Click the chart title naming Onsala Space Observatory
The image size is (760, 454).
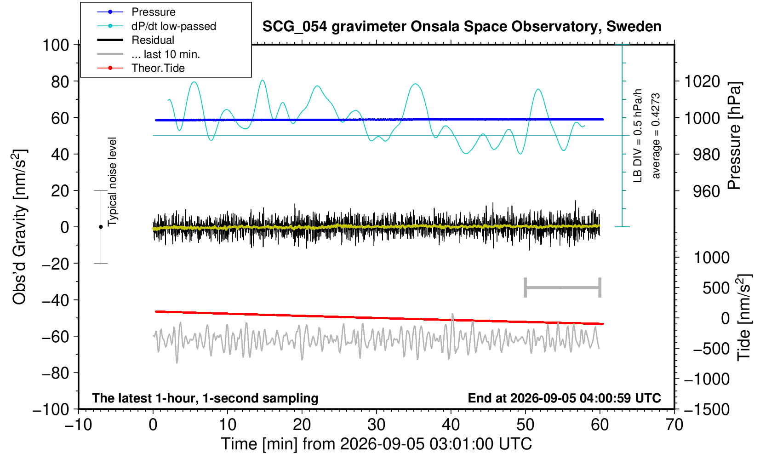(462, 27)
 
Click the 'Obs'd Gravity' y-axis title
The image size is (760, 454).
(19, 227)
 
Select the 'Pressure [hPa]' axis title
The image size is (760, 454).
(735, 136)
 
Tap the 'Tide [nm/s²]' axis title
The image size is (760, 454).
(744, 317)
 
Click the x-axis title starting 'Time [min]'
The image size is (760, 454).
(376, 444)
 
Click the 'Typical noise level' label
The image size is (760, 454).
(112, 182)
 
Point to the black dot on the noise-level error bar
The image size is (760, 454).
(101, 227)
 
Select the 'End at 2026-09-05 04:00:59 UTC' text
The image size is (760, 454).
(564, 398)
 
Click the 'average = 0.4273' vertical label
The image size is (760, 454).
(656, 136)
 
